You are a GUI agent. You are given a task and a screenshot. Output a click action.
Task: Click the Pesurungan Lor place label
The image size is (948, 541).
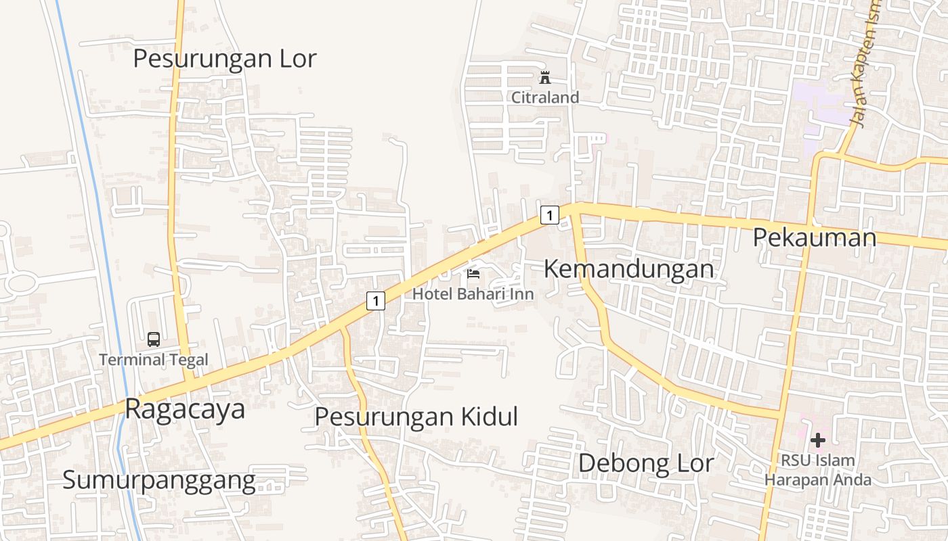pyautogui.click(x=224, y=59)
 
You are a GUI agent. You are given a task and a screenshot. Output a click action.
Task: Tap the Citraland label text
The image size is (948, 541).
pyautogui.click(x=545, y=97)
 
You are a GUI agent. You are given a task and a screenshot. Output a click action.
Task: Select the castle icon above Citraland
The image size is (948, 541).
pyautogui.click(x=545, y=78)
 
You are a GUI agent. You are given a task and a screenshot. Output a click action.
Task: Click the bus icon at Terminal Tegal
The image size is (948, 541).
pyautogui.click(x=154, y=339)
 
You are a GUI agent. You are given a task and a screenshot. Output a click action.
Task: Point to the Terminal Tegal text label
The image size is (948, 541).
pyautogui.click(x=154, y=360)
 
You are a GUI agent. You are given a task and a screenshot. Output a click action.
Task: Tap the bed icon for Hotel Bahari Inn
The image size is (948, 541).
pyautogui.click(x=473, y=274)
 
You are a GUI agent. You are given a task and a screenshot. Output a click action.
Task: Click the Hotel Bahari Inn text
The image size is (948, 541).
pyautogui.click(x=473, y=294)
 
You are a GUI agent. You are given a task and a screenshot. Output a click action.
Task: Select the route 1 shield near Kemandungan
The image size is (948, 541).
pyautogui.click(x=549, y=216)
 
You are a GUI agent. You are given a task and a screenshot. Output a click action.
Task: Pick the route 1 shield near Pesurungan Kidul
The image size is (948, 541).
pyautogui.click(x=376, y=300)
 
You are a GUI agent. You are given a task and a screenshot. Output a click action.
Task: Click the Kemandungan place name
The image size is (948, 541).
pyautogui.click(x=628, y=269)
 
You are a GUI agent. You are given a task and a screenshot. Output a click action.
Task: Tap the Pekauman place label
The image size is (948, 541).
pyautogui.click(x=815, y=237)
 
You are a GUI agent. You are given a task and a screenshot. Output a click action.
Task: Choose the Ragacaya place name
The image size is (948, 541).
pyautogui.click(x=185, y=409)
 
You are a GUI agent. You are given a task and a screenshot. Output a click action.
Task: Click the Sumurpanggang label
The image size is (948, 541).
pyautogui.click(x=159, y=480)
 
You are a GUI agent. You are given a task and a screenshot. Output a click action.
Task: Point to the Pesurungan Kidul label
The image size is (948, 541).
pyautogui.click(x=416, y=417)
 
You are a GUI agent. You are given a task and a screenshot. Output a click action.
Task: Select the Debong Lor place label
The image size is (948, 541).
pyautogui.click(x=646, y=464)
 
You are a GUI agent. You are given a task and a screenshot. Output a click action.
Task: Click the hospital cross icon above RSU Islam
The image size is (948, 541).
pyautogui.click(x=818, y=441)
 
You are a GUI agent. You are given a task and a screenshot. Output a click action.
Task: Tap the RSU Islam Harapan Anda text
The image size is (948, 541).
pyautogui.click(x=818, y=470)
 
